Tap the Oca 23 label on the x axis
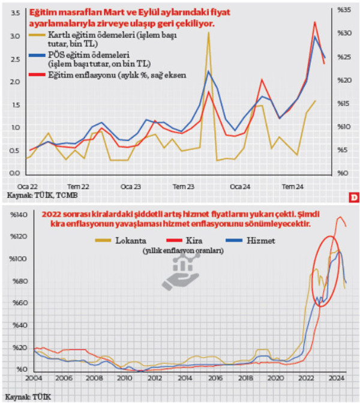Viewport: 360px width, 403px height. tap(130, 187)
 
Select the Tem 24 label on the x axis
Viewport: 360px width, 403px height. tap(293, 187)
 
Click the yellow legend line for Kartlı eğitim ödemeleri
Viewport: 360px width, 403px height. tap(38, 37)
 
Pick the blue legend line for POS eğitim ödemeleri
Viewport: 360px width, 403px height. tap(38, 56)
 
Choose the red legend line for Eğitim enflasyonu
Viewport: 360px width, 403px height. tap(38, 76)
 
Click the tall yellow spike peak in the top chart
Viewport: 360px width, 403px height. tap(208, 33)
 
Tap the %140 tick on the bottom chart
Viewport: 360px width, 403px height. tap(16, 215)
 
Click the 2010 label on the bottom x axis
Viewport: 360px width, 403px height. tap(125, 379)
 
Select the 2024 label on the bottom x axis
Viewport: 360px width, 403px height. tap(336, 379)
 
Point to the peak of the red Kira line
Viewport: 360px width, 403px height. tap(340, 217)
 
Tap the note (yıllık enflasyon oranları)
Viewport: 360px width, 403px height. tap(184, 251)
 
